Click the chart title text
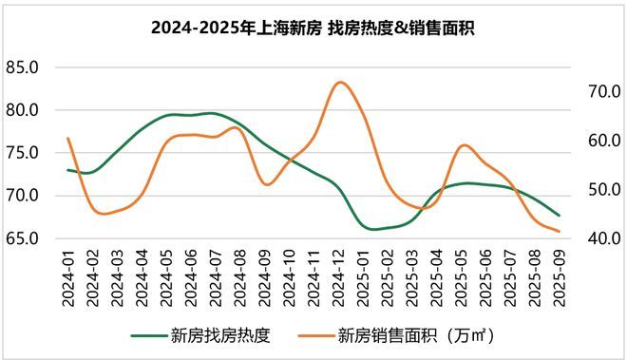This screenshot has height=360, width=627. point(313,28)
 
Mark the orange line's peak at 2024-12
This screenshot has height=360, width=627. point(340,82)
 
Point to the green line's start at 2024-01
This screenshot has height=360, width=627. point(68,170)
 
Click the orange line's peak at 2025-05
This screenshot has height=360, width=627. point(463,145)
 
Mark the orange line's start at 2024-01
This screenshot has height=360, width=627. point(68,139)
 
